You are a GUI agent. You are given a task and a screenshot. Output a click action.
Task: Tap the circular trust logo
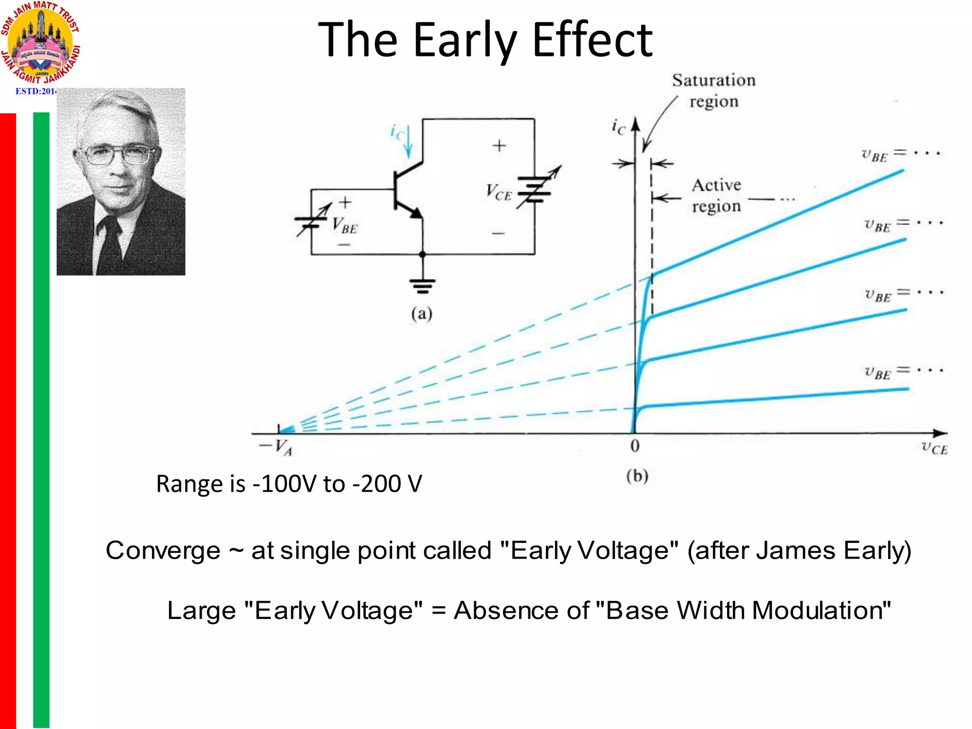(40, 45)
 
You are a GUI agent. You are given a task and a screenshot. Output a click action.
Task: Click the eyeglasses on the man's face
(116, 155)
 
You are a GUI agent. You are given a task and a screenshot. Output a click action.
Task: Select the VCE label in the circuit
(498, 192)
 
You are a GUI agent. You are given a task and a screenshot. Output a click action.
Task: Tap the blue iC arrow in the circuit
(407, 141)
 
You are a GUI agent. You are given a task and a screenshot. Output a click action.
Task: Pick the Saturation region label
(713, 91)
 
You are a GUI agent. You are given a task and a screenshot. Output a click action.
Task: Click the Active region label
(716, 196)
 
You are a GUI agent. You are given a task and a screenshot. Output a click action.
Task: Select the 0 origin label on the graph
(635, 446)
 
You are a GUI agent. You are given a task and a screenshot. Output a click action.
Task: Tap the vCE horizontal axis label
(934, 448)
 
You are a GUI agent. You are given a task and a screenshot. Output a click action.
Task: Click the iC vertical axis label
(618, 127)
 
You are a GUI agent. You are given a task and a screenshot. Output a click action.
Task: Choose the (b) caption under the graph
(637, 476)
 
